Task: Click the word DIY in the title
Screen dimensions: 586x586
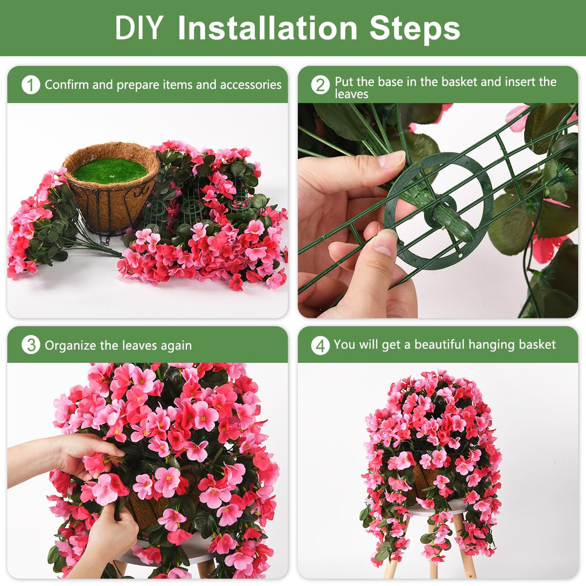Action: pyautogui.click(x=139, y=27)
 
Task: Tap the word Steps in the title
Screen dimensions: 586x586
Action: pyautogui.click(x=415, y=30)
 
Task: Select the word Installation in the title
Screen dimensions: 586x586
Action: pyautogui.click(x=267, y=27)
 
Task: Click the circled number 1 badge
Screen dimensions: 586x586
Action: pyautogui.click(x=31, y=85)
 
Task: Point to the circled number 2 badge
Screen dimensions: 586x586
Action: pyautogui.click(x=320, y=85)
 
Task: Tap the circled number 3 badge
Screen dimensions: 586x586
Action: pyautogui.click(x=31, y=345)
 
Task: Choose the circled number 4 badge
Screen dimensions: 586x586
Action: pyautogui.click(x=320, y=346)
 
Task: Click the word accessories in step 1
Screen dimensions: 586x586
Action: pyautogui.click(x=251, y=85)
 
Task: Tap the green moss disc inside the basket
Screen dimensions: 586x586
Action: pyautogui.click(x=111, y=170)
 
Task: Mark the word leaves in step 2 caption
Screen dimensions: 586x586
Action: pyautogui.click(x=352, y=94)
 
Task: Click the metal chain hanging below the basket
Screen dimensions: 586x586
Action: pyautogui.click(x=105, y=239)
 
